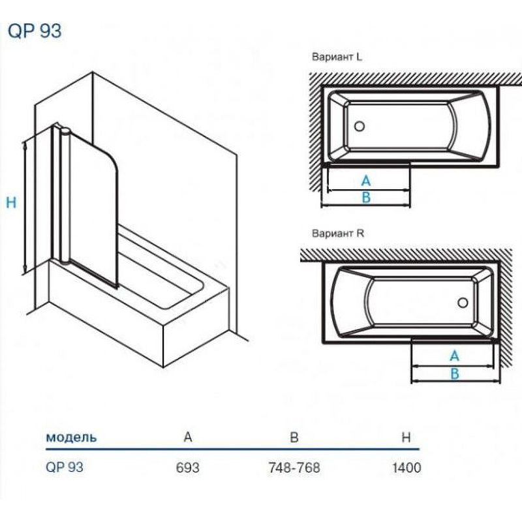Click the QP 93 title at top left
click(35, 31)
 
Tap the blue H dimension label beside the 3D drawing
click(11, 202)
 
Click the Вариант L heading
click(337, 57)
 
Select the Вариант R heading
click(338, 234)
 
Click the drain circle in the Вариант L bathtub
click(360, 126)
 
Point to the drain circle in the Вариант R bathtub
click(463, 303)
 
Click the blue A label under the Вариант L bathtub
click(366, 181)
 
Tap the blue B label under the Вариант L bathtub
click(366, 198)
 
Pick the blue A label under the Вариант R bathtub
click(454, 356)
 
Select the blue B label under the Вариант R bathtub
click(455, 373)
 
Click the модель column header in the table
click(71, 437)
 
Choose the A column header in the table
click(188, 437)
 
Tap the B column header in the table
click(294, 437)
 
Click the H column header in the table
click(406, 437)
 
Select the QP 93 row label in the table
click(64, 467)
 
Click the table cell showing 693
click(188, 467)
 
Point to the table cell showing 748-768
click(294, 467)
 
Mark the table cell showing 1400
click(407, 467)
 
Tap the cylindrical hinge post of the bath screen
click(65, 196)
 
